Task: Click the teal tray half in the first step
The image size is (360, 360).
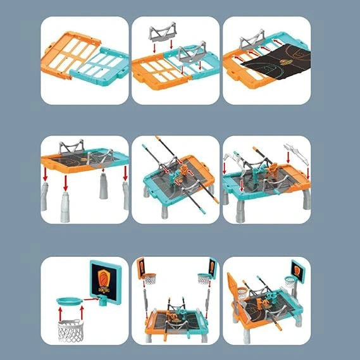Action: click(101, 67)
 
